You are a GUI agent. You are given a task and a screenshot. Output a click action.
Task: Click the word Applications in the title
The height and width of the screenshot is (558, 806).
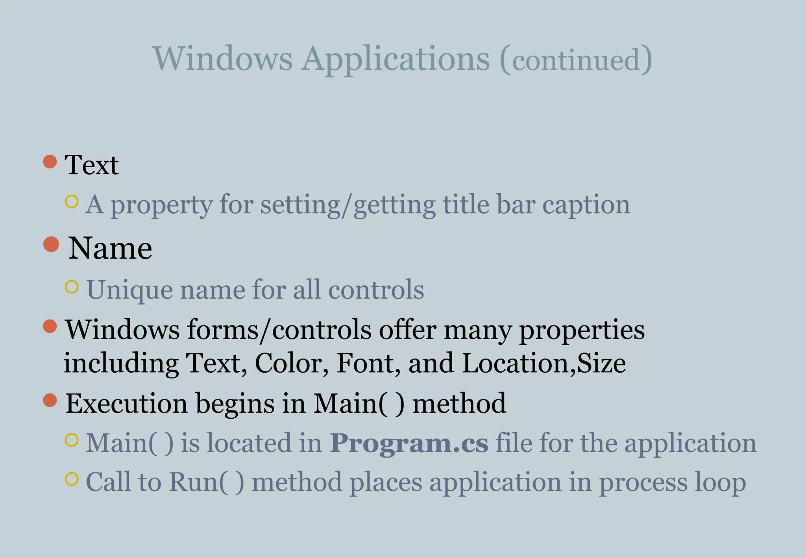click(x=396, y=59)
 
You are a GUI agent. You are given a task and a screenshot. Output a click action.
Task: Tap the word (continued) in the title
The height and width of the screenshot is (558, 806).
click(x=576, y=60)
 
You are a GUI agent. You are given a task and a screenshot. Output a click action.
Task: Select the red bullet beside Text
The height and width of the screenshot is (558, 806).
click(x=50, y=161)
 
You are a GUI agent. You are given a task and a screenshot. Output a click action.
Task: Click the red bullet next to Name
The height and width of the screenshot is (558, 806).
click(x=51, y=244)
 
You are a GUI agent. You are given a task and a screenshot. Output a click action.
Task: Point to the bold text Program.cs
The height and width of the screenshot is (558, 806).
click(x=409, y=443)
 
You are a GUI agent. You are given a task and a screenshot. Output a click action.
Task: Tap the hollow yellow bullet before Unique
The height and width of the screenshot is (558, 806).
click(x=72, y=287)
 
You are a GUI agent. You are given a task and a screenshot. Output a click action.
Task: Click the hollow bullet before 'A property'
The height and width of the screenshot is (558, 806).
click(x=72, y=201)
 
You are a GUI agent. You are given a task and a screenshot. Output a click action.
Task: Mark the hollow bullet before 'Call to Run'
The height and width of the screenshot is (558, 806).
click(x=72, y=479)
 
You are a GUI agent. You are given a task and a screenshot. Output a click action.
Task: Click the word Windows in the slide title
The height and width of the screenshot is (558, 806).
click(x=222, y=59)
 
